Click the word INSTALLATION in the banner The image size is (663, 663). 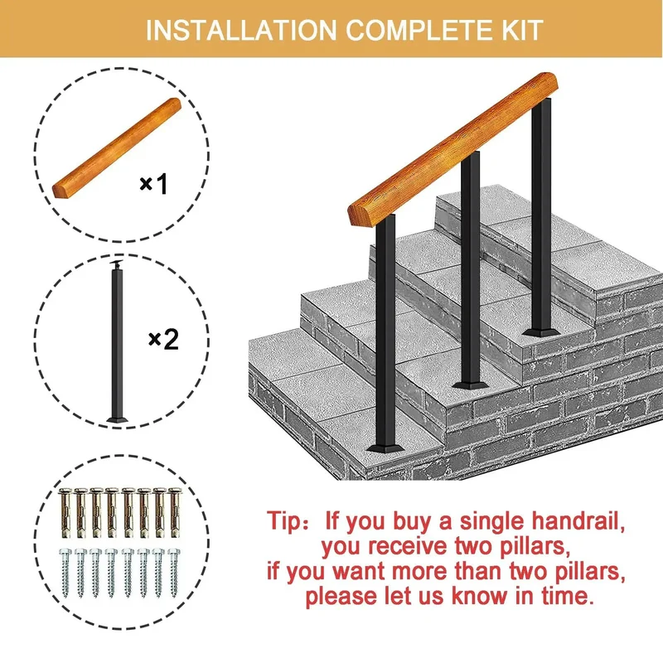click(241, 30)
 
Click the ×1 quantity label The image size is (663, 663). click(153, 184)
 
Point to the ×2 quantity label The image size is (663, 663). click(164, 339)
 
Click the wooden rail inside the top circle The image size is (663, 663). click(117, 148)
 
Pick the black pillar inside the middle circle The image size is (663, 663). click(117, 341)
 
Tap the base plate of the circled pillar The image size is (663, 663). click(117, 419)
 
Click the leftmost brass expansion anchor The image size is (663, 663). click(65, 513)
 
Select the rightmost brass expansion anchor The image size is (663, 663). click(175, 513)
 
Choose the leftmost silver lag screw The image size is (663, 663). click(65, 573)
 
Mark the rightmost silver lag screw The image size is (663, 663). click(174, 573)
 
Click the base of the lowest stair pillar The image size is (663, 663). click(385, 448)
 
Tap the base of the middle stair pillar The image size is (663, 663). click(470, 385)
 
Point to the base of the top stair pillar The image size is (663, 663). click(541, 332)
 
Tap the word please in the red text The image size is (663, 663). click(341, 597)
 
